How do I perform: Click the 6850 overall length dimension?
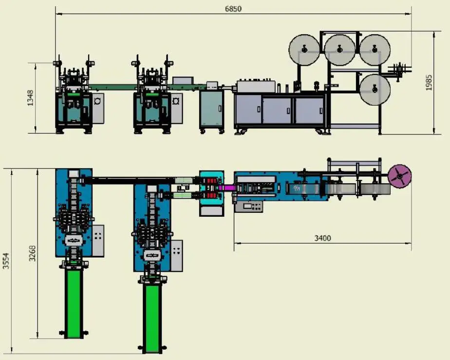(x=233, y=9)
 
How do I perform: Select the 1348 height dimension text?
(x=31, y=97)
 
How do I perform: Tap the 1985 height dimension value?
(x=429, y=82)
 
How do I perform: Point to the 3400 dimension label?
(x=322, y=238)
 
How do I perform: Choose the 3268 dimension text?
(x=32, y=253)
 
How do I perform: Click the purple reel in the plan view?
(x=399, y=176)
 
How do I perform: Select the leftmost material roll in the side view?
(x=303, y=50)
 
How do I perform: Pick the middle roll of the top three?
(x=339, y=49)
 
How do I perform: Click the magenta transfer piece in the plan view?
(x=226, y=187)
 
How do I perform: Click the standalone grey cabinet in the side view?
(x=212, y=109)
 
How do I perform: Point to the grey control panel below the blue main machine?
(x=249, y=207)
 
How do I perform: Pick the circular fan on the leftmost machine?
(x=97, y=101)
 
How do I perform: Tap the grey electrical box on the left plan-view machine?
(x=98, y=240)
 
